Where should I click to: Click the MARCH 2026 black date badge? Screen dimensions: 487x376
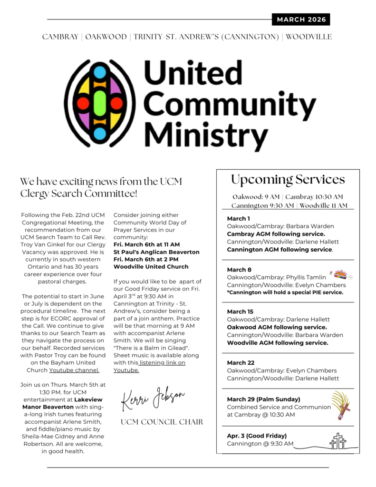pyautogui.click(x=301, y=19)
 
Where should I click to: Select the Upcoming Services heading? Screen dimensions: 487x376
pyautogui.click(x=288, y=179)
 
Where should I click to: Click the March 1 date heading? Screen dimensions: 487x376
pyautogui.click(x=237, y=218)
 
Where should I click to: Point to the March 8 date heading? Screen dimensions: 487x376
pyautogui.click(x=237, y=270)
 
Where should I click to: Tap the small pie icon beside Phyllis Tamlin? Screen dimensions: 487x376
pyautogui.click(x=340, y=275)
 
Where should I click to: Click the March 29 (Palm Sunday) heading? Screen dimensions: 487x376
pyautogui.click(x=263, y=399)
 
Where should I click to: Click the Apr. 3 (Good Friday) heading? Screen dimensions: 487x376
pyautogui.click(x=257, y=436)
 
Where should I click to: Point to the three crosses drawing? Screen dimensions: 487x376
pyautogui.click(x=337, y=441)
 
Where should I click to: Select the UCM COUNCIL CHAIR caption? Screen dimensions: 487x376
pyautogui.click(x=162, y=422)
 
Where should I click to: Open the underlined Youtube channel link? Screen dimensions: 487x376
pyautogui.click(x=75, y=370)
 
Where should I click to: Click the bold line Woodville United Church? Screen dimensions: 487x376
pyautogui.click(x=151, y=267)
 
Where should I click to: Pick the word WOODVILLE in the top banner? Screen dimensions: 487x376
pyautogui.click(x=309, y=37)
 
